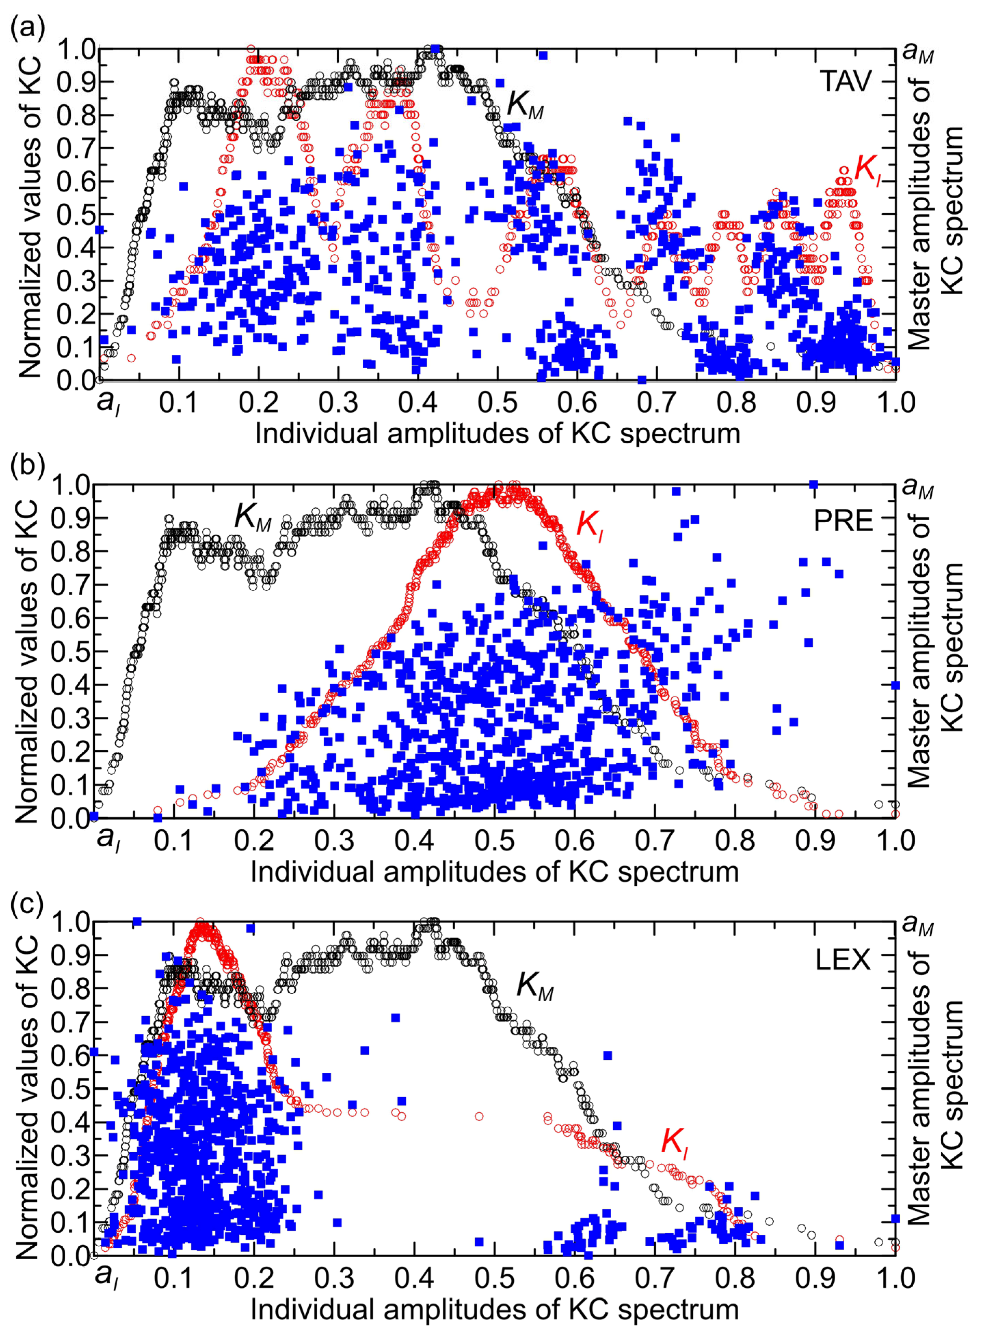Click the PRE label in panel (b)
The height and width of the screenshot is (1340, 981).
[843, 521]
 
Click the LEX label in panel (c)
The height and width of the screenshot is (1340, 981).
[843, 960]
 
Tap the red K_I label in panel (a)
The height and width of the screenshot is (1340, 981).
[867, 169]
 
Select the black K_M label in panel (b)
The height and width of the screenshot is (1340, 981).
[252, 518]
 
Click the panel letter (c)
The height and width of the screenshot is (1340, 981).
[27, 906]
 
